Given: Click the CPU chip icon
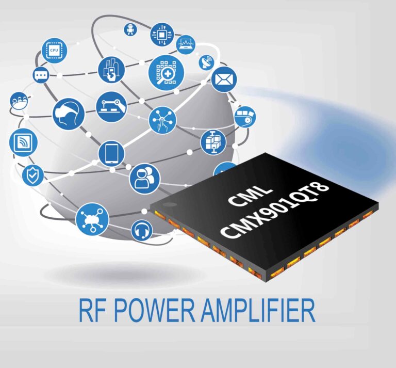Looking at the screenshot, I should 54,51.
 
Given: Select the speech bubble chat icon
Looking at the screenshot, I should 41,75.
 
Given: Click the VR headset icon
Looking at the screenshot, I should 68,114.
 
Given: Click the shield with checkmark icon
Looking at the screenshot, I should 32,175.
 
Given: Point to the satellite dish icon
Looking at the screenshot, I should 206,62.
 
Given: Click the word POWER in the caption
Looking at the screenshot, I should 157,312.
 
